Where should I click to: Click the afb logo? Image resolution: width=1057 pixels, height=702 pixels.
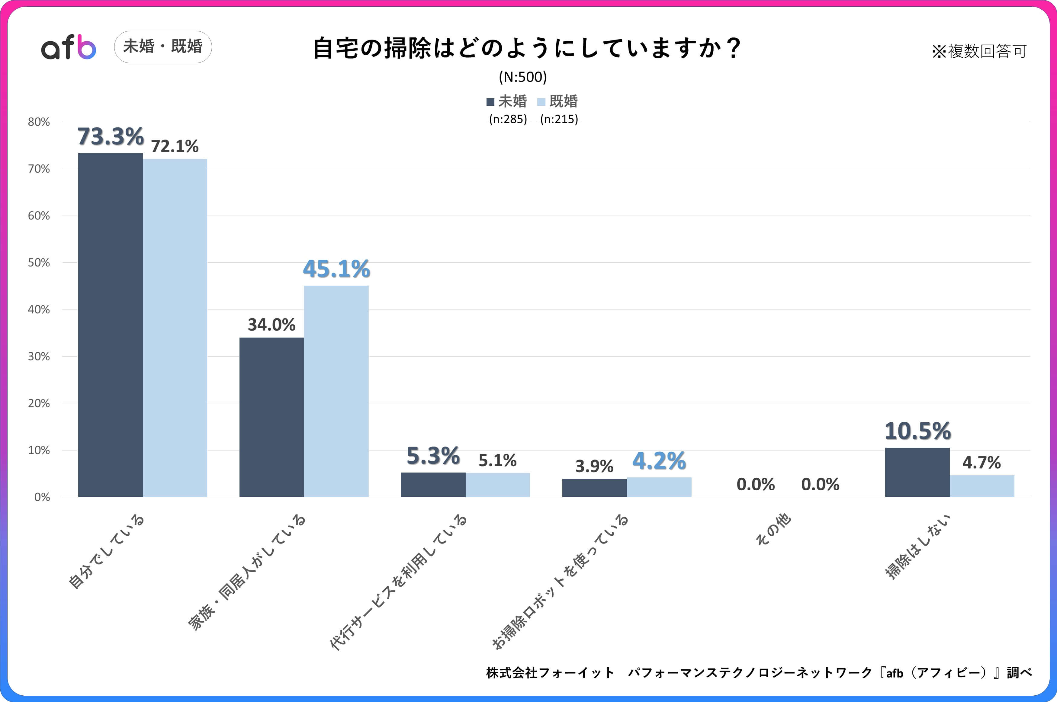click(69, 47)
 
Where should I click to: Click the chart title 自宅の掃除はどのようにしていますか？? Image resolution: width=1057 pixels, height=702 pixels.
click(527, 48)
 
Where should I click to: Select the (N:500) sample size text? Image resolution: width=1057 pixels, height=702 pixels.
click(522, 77)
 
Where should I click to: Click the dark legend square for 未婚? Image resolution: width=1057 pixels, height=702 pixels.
click(490, 102)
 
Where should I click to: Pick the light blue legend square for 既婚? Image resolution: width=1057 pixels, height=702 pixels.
click(541, 102)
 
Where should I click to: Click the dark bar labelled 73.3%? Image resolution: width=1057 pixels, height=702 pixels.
click(110, 325)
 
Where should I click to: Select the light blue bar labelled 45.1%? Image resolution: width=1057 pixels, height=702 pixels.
click(336, 391)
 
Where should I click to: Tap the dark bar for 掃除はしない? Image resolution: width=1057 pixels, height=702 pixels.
click(917, 472)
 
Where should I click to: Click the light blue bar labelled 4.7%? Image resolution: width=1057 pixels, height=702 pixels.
click(982, 486)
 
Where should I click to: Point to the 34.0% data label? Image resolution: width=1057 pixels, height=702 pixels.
click(271, 325)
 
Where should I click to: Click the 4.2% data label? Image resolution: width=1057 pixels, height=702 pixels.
click(659, 461)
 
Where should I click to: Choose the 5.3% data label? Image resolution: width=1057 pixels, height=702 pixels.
click(433, 456)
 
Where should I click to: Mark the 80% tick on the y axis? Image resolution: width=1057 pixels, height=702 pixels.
click(39, 122)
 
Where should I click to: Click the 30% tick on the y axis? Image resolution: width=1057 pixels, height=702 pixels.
click(39, 356)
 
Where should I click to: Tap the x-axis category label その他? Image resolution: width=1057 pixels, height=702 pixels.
click(773, 529)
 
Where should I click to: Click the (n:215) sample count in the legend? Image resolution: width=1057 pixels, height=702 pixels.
click(559, 119)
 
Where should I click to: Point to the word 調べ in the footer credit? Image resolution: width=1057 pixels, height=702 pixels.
click(1019, 672)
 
